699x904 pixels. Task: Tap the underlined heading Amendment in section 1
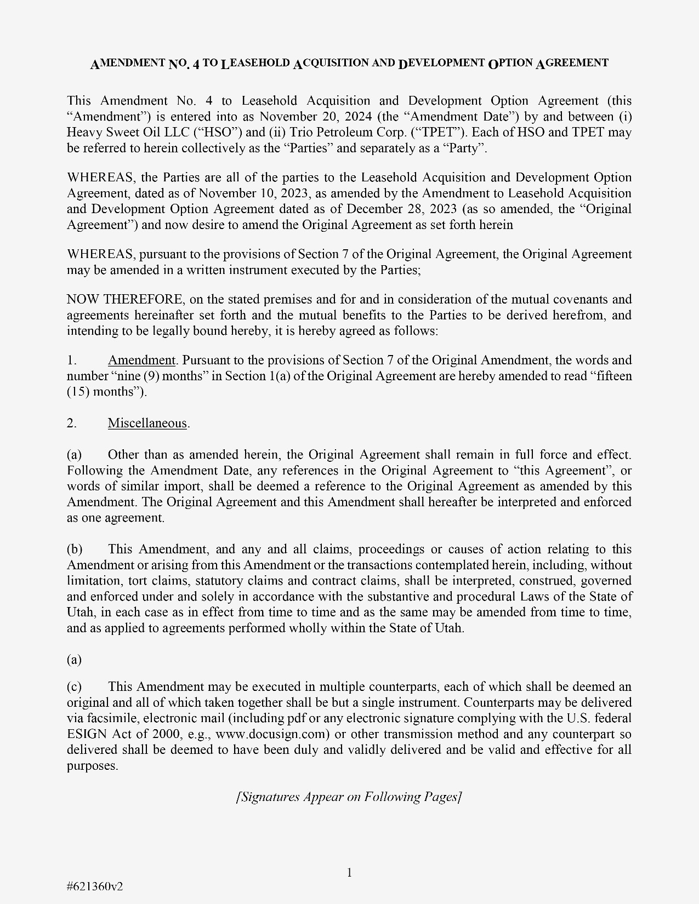click(x=141, y=361)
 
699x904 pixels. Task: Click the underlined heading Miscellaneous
click(x=147, y=424)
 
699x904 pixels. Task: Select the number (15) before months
click(x=78, y=392)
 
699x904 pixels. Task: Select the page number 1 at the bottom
click(x=349, y=872)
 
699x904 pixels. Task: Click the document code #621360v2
click(x=95, y=886)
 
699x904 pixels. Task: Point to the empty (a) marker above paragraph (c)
click(x=74, y=660)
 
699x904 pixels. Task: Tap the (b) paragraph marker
click(x=75, y=550)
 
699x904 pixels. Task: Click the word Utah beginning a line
click(x=80, y=613)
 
